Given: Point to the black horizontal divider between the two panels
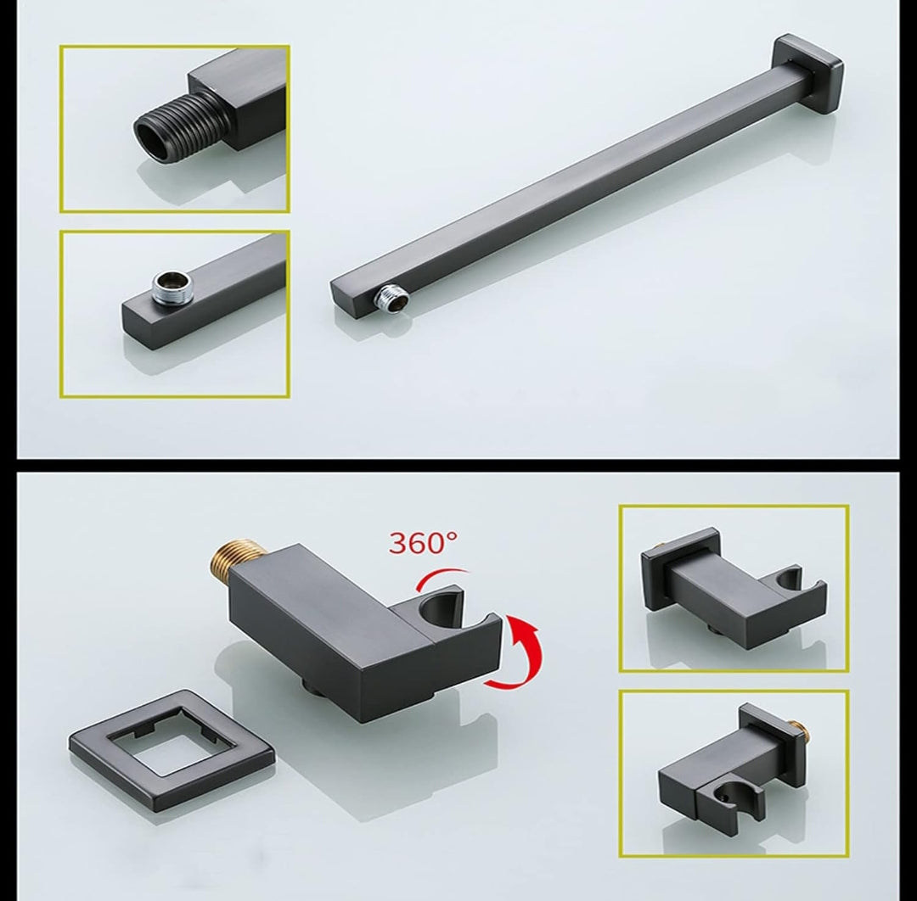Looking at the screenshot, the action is point(458,466).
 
